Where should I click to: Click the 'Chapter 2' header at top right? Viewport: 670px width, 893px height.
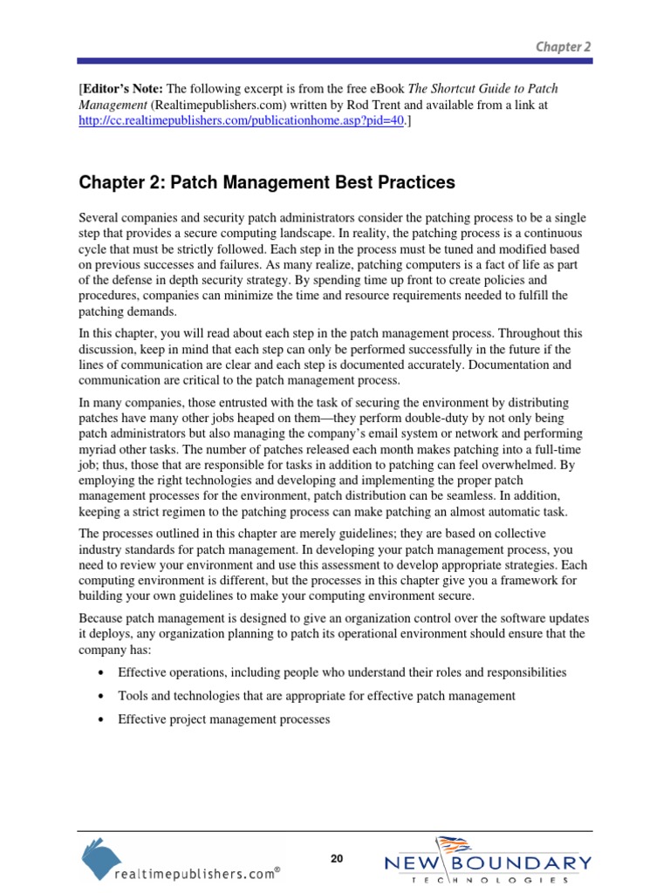coord(564,47)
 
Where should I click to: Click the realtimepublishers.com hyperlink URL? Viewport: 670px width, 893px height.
coord(241,121)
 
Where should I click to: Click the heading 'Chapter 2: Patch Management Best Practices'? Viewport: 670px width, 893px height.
coord(267,182)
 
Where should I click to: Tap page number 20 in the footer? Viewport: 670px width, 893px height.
coord(337,859)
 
